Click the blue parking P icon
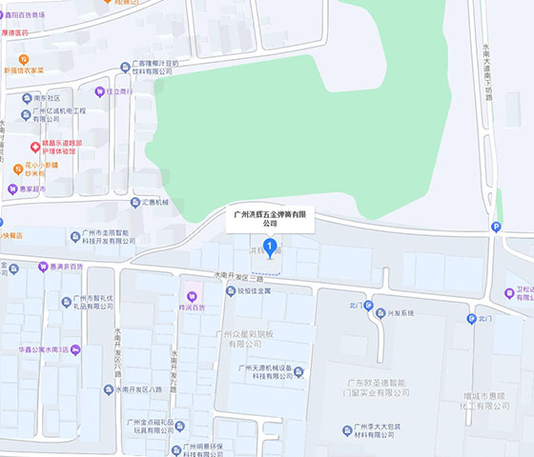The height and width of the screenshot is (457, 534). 494,226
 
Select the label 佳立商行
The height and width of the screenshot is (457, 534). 118,91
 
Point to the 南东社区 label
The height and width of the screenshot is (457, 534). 46,97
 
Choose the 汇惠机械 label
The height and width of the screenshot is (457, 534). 154,202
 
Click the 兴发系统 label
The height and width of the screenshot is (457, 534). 400,313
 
